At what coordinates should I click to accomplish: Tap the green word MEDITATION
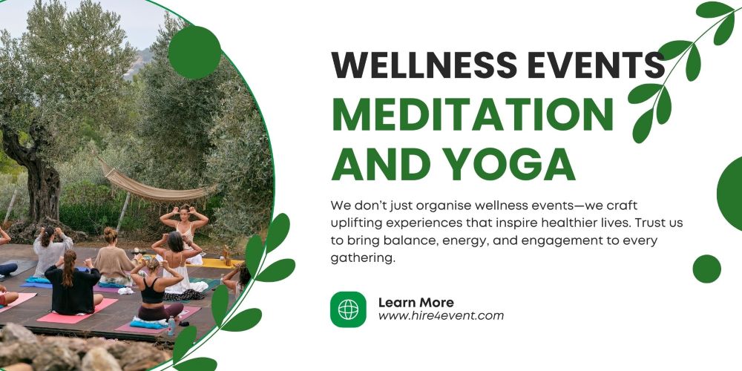coord(472,114)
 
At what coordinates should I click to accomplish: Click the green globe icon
coord(348,309)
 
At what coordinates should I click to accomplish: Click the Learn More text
coord(416,302)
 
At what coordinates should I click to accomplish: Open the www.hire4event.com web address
coord(441,316)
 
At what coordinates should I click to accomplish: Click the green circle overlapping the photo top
coord(194,52)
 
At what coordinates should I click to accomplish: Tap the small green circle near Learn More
coord(706,269)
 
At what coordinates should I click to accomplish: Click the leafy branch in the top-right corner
coord(679,67)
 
